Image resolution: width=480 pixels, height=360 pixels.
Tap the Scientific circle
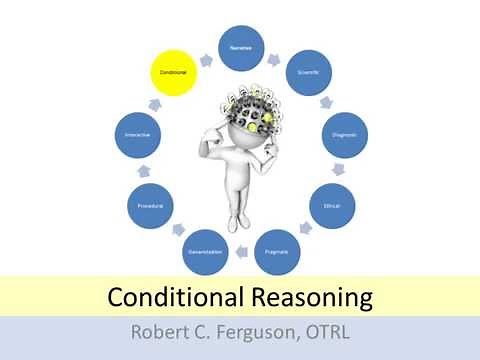(x=310, y=73)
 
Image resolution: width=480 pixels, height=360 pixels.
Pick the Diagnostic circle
(x=346, y=134)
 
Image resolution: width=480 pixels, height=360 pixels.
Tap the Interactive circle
(x=139, y=134)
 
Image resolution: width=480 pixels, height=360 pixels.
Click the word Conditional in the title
(x=168, y=298)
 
